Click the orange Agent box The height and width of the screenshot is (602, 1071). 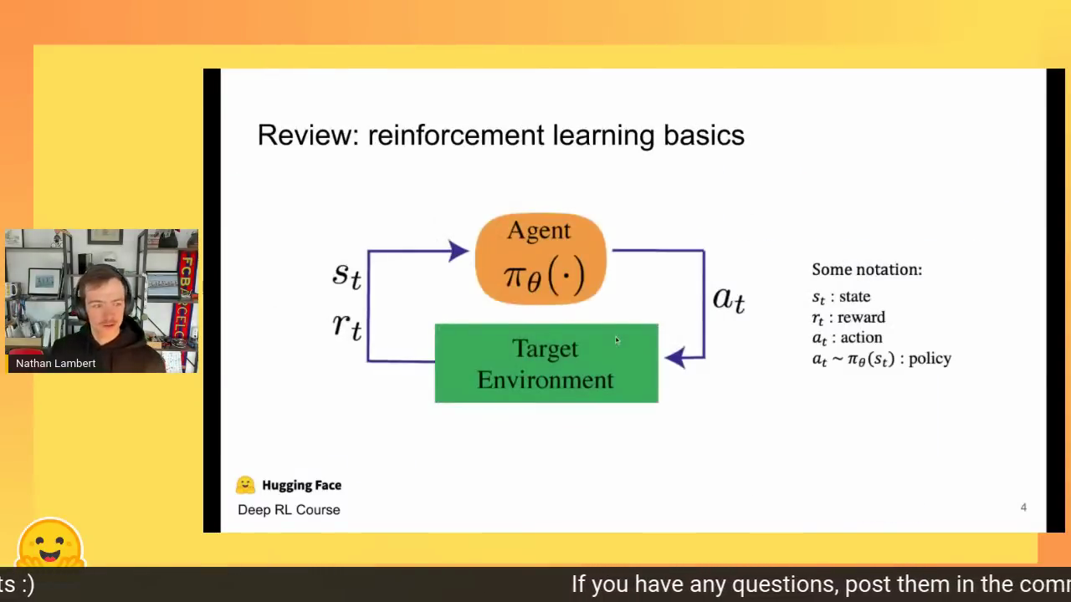point(541,258)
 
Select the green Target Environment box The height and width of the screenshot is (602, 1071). point(546,363)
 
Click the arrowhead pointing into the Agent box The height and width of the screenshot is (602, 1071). point(458,251)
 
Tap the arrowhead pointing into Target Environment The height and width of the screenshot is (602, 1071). point(675,357)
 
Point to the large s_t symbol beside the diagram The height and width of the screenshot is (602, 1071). point(347,276)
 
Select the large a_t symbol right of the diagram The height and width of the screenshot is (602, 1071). point(729,299)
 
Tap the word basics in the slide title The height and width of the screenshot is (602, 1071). point(704,135)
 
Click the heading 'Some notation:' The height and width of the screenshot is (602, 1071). point(867,269)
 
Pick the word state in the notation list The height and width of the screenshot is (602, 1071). point(854,296)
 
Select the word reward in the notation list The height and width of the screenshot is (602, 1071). point(861,317)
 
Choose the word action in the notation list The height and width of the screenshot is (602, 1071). point(861,337)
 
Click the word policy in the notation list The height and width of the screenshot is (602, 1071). point(930,359)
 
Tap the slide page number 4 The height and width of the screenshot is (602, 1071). point(1023,508)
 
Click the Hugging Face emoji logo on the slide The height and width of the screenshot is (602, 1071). point(245,485)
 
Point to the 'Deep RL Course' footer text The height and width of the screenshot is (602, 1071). point(289,510)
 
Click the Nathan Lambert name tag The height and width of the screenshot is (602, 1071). point(55,363)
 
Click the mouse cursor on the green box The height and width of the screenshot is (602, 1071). point(617,340)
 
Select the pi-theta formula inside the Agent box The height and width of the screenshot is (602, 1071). point(544,275)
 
